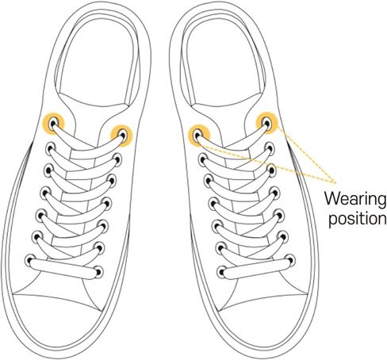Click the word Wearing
pos(355,198)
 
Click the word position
pos(358,219)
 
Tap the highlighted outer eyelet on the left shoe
pos(54,123)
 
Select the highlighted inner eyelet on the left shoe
pos(122,135)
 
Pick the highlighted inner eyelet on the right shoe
pos(198,136)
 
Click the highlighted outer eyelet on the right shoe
pos(266,123)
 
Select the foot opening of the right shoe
pos(224,63)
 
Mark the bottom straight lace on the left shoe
pos(64,268)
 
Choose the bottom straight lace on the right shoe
pos(256,267)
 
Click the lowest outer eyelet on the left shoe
pos(30,260)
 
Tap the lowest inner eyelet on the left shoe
pos(98,272)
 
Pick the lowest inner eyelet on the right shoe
pos(222,272)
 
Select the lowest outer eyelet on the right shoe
pos(290,259)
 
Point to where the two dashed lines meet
pos(335,182)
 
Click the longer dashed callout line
pos(267,163)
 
